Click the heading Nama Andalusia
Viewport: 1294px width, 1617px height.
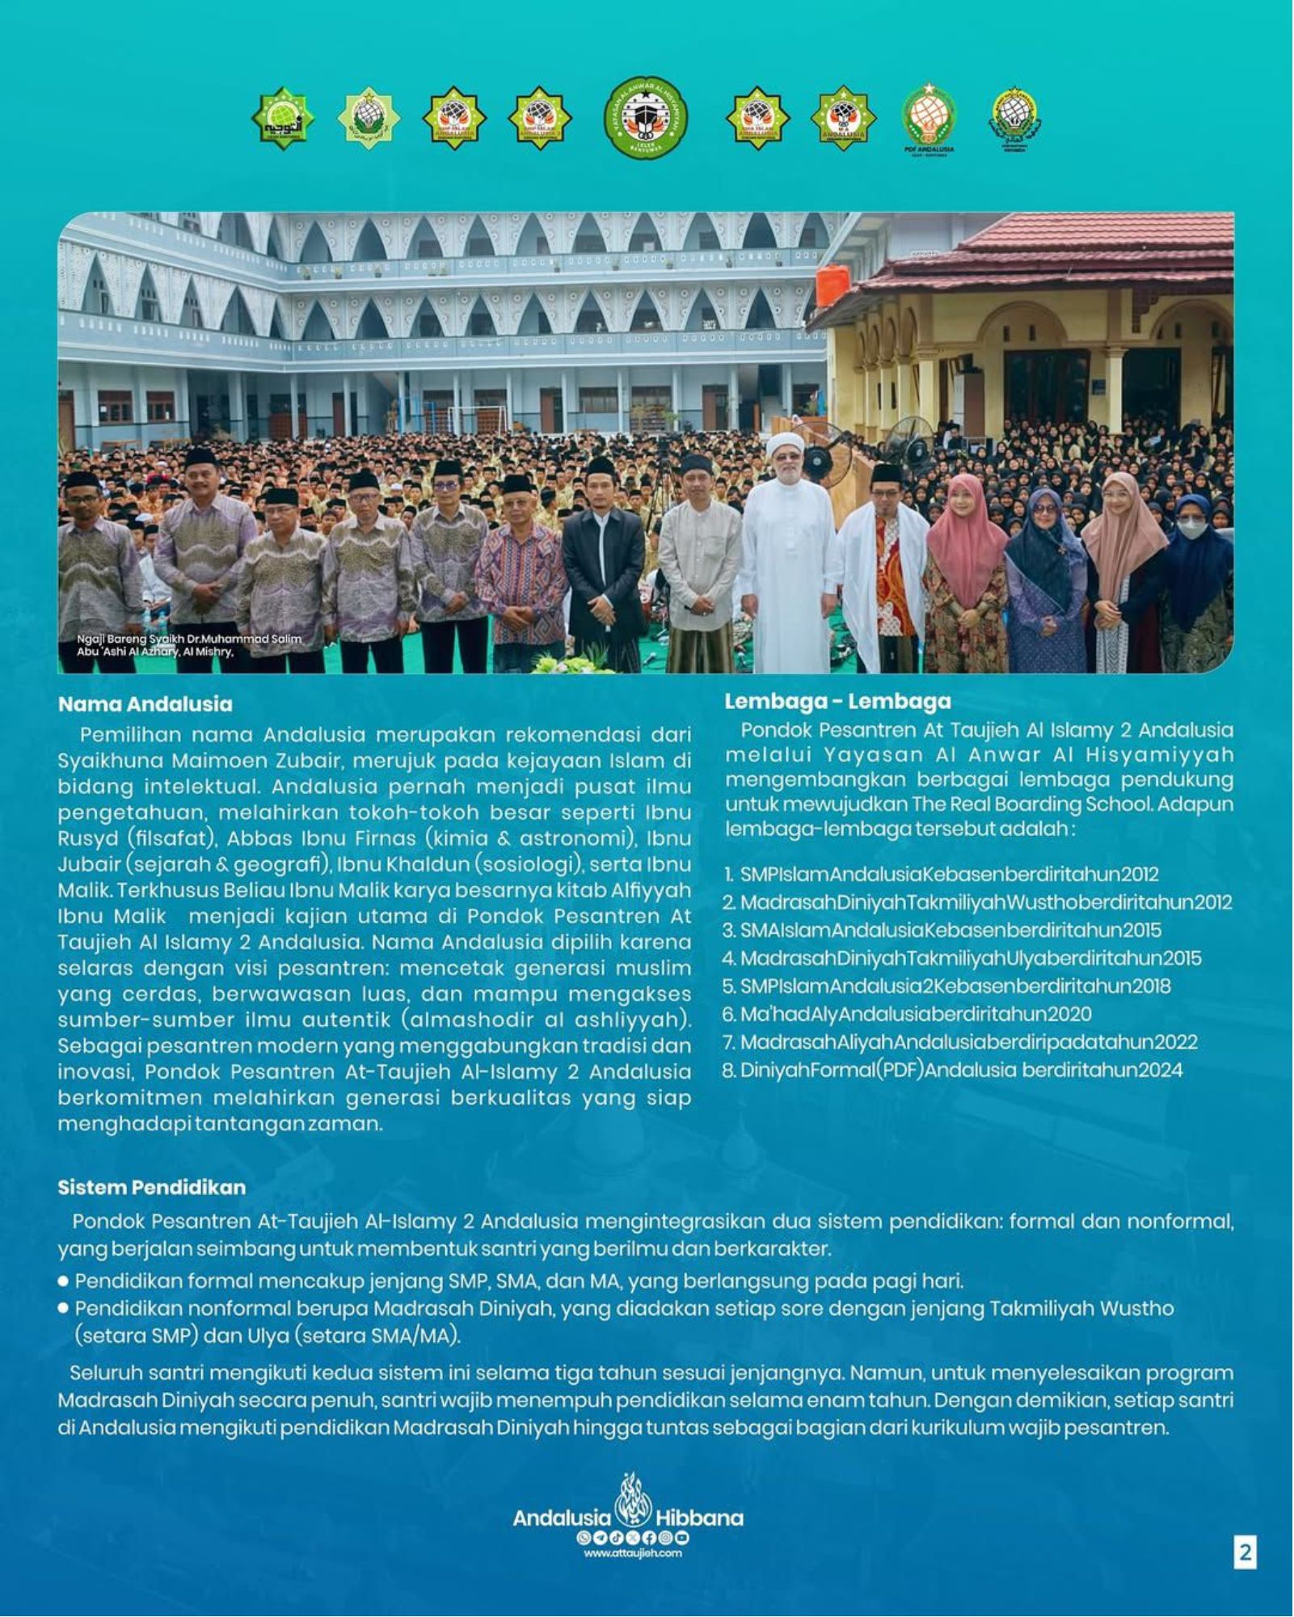[145, 704]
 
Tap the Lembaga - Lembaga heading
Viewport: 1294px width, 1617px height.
[837, 701]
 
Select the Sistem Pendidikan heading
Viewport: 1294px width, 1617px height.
[151, 1188]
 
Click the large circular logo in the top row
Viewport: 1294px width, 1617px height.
[645, 117]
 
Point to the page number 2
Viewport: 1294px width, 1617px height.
[1245, 1552]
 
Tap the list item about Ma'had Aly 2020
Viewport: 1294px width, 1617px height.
[907, 1014]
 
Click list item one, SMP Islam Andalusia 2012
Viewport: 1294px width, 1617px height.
[942, 874]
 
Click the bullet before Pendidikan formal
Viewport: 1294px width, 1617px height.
[63, 1281]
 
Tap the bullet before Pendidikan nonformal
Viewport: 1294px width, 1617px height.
[63, 1309]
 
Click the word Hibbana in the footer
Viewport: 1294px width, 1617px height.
[699, 1518]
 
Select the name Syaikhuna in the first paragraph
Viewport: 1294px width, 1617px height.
[104, 761]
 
